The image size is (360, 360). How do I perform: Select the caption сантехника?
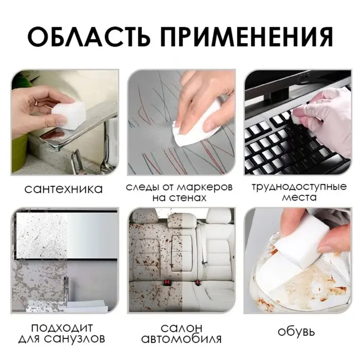pos(64,189)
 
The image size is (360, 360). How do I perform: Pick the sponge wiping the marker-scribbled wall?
pos(190,129)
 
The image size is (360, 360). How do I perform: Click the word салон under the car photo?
pos(182,328)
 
